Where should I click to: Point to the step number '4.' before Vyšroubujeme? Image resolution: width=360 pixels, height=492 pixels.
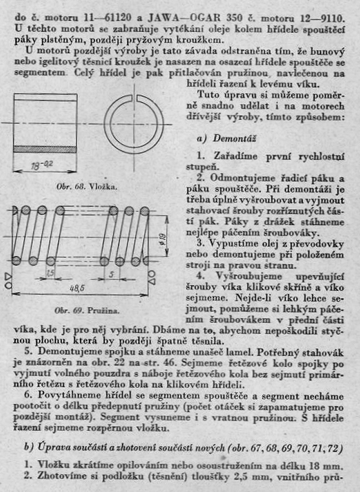pos(200,273)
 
